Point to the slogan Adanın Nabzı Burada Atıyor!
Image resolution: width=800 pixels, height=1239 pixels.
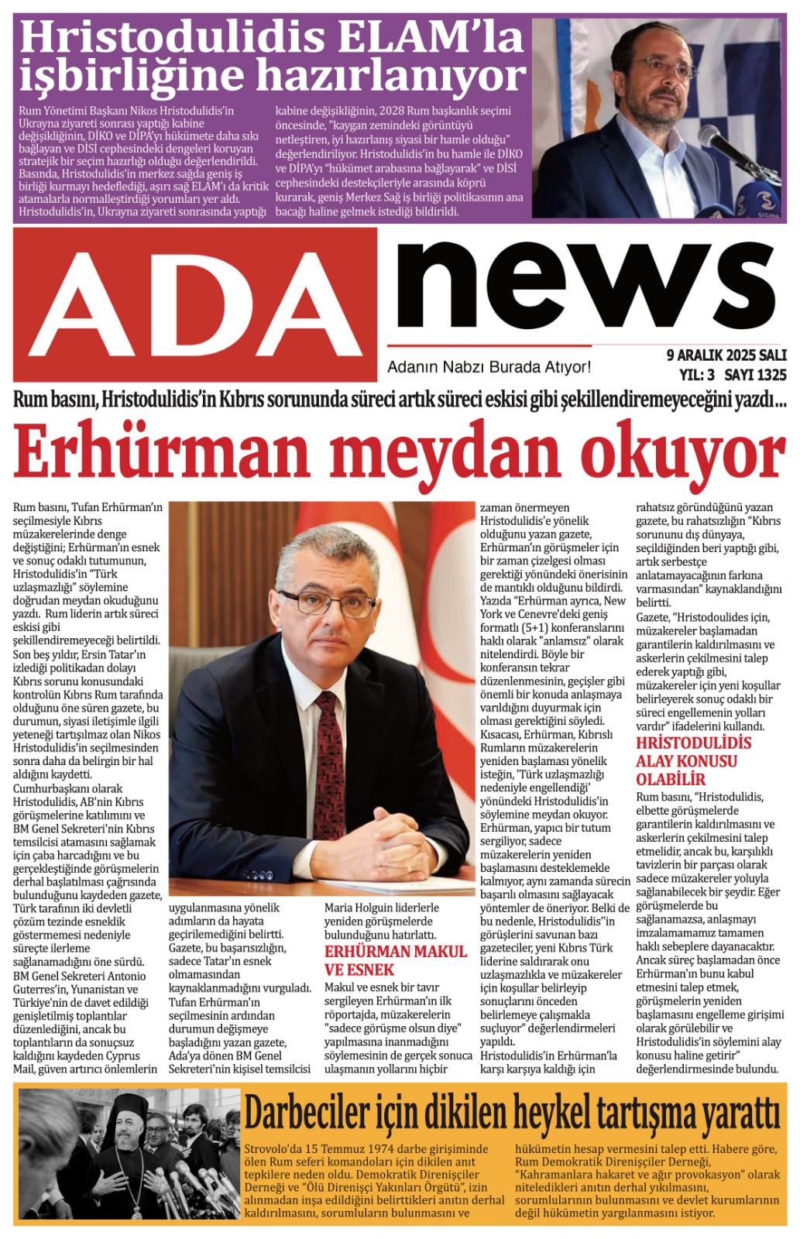pyautogui.click(x=489, y=367)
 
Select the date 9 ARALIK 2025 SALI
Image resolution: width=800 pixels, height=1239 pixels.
pyautogui.click(x=726, y=355)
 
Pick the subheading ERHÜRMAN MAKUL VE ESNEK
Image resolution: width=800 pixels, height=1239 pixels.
pyautogui.click(x=395, y=960)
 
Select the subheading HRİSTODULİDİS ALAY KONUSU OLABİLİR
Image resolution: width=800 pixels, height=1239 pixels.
pyautogui.click(x=692, y=760)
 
